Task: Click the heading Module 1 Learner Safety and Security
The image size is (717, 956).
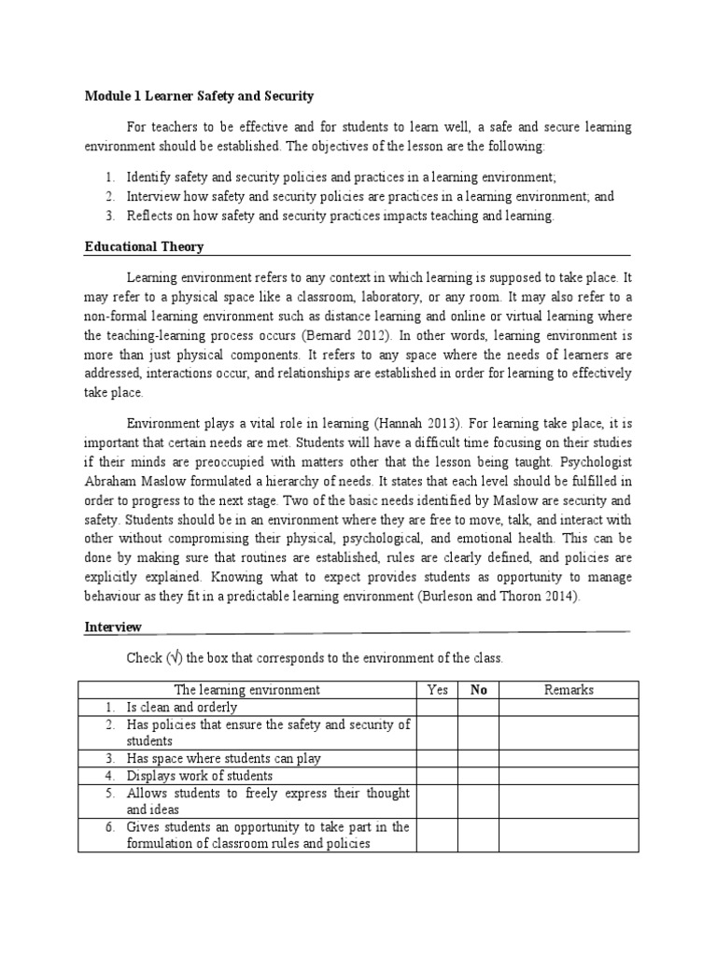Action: [199, 96]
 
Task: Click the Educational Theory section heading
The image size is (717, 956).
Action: [144, 247]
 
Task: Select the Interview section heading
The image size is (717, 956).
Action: [113, 627]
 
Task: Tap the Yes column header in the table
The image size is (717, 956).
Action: [437, 690]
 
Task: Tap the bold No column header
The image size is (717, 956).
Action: [478, 690]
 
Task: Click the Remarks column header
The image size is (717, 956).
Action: [569, 690]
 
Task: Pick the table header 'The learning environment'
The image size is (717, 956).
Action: [246, 690]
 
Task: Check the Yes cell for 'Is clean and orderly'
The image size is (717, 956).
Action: [437, 708]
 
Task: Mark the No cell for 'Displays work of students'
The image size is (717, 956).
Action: [478, 776]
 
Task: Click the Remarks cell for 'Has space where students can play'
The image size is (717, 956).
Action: [569, 759]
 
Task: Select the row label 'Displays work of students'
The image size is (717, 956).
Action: [200, 776]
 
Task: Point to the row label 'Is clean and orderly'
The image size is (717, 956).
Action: [182, 708]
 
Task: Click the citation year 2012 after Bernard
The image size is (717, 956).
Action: [363, 334]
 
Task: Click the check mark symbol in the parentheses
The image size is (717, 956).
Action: [173, 658]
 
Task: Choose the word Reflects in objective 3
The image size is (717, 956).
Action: [150, 216]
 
